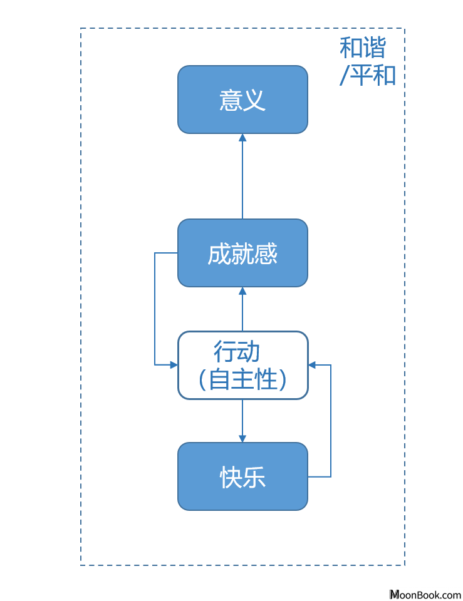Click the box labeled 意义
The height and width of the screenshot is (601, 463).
click(x=242, y=100)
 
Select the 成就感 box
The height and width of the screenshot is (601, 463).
click(x=242, y=253)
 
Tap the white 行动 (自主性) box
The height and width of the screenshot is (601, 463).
click(x=242, y=365)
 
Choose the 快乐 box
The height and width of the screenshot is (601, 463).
click(x=242, y=476)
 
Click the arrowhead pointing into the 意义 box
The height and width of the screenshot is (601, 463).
click(x=242, y=138)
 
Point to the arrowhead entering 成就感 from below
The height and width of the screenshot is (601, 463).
click(x=242, y=291)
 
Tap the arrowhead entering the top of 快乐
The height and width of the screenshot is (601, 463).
click(x=242, y=438)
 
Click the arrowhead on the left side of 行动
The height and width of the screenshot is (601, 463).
click(x=174, y=365)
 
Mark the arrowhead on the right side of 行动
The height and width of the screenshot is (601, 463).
click(x=312, y=365)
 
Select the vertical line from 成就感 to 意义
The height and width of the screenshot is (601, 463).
click(x=242, y=177)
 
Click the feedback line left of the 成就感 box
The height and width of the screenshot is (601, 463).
click(x=155, y=309)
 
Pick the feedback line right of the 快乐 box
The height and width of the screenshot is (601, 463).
click(x=331, y=421)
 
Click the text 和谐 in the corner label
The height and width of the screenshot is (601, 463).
click(x=363, y=48)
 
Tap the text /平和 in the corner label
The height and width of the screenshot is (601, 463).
click(x=368, y=74)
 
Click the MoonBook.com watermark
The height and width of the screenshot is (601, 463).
click(x=425, y=595)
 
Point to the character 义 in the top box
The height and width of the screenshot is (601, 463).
click(x=254, y=100)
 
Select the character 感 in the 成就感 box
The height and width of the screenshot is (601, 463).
click(x=266, y=254)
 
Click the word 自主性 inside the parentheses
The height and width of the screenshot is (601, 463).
click(x=243, y=379)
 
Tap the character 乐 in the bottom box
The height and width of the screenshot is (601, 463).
click(x=254, y=477)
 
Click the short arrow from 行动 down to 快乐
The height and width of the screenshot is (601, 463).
click(x=242, y=421)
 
